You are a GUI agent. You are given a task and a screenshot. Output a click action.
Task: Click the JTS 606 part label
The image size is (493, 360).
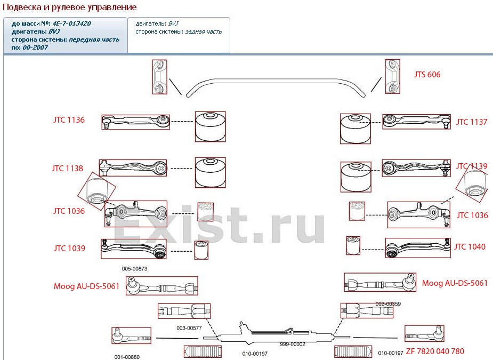tap(427, 75)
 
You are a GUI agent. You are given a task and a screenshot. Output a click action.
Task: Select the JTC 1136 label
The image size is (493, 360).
tap(69, 121)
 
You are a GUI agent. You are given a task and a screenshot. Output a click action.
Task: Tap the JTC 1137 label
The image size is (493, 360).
tap(471, 122)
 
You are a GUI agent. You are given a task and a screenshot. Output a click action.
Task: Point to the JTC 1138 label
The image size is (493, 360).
tap(67, 169)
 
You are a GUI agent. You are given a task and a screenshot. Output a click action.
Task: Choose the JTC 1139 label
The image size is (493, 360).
tap(471, 166)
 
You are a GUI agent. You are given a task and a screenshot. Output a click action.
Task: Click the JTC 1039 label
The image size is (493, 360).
tap(69, 248)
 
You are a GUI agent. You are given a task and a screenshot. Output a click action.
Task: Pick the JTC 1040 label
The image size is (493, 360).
tap(470, 247)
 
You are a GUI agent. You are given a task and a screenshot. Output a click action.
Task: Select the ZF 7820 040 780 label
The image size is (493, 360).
tap(435, 351)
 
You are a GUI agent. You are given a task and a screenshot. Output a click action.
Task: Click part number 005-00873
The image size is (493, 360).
tap(134, 269)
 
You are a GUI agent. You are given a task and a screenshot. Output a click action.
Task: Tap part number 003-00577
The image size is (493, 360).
tap(189, 327)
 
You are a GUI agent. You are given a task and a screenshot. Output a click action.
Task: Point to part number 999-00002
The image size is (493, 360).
tap(293, 345)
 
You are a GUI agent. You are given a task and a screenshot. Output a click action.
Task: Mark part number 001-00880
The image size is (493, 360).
tap(127, 357)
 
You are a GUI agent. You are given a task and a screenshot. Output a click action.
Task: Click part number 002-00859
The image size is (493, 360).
tap(388, 303)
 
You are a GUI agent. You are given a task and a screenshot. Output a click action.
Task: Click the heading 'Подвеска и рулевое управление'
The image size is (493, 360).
tap(70, 7)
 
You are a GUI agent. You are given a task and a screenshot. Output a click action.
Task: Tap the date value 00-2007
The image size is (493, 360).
tap(35, 47)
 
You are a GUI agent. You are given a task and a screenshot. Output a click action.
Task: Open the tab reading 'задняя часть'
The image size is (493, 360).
tap(203, 31)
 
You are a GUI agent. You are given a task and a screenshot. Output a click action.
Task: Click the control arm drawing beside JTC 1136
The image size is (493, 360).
tap(135, 122)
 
